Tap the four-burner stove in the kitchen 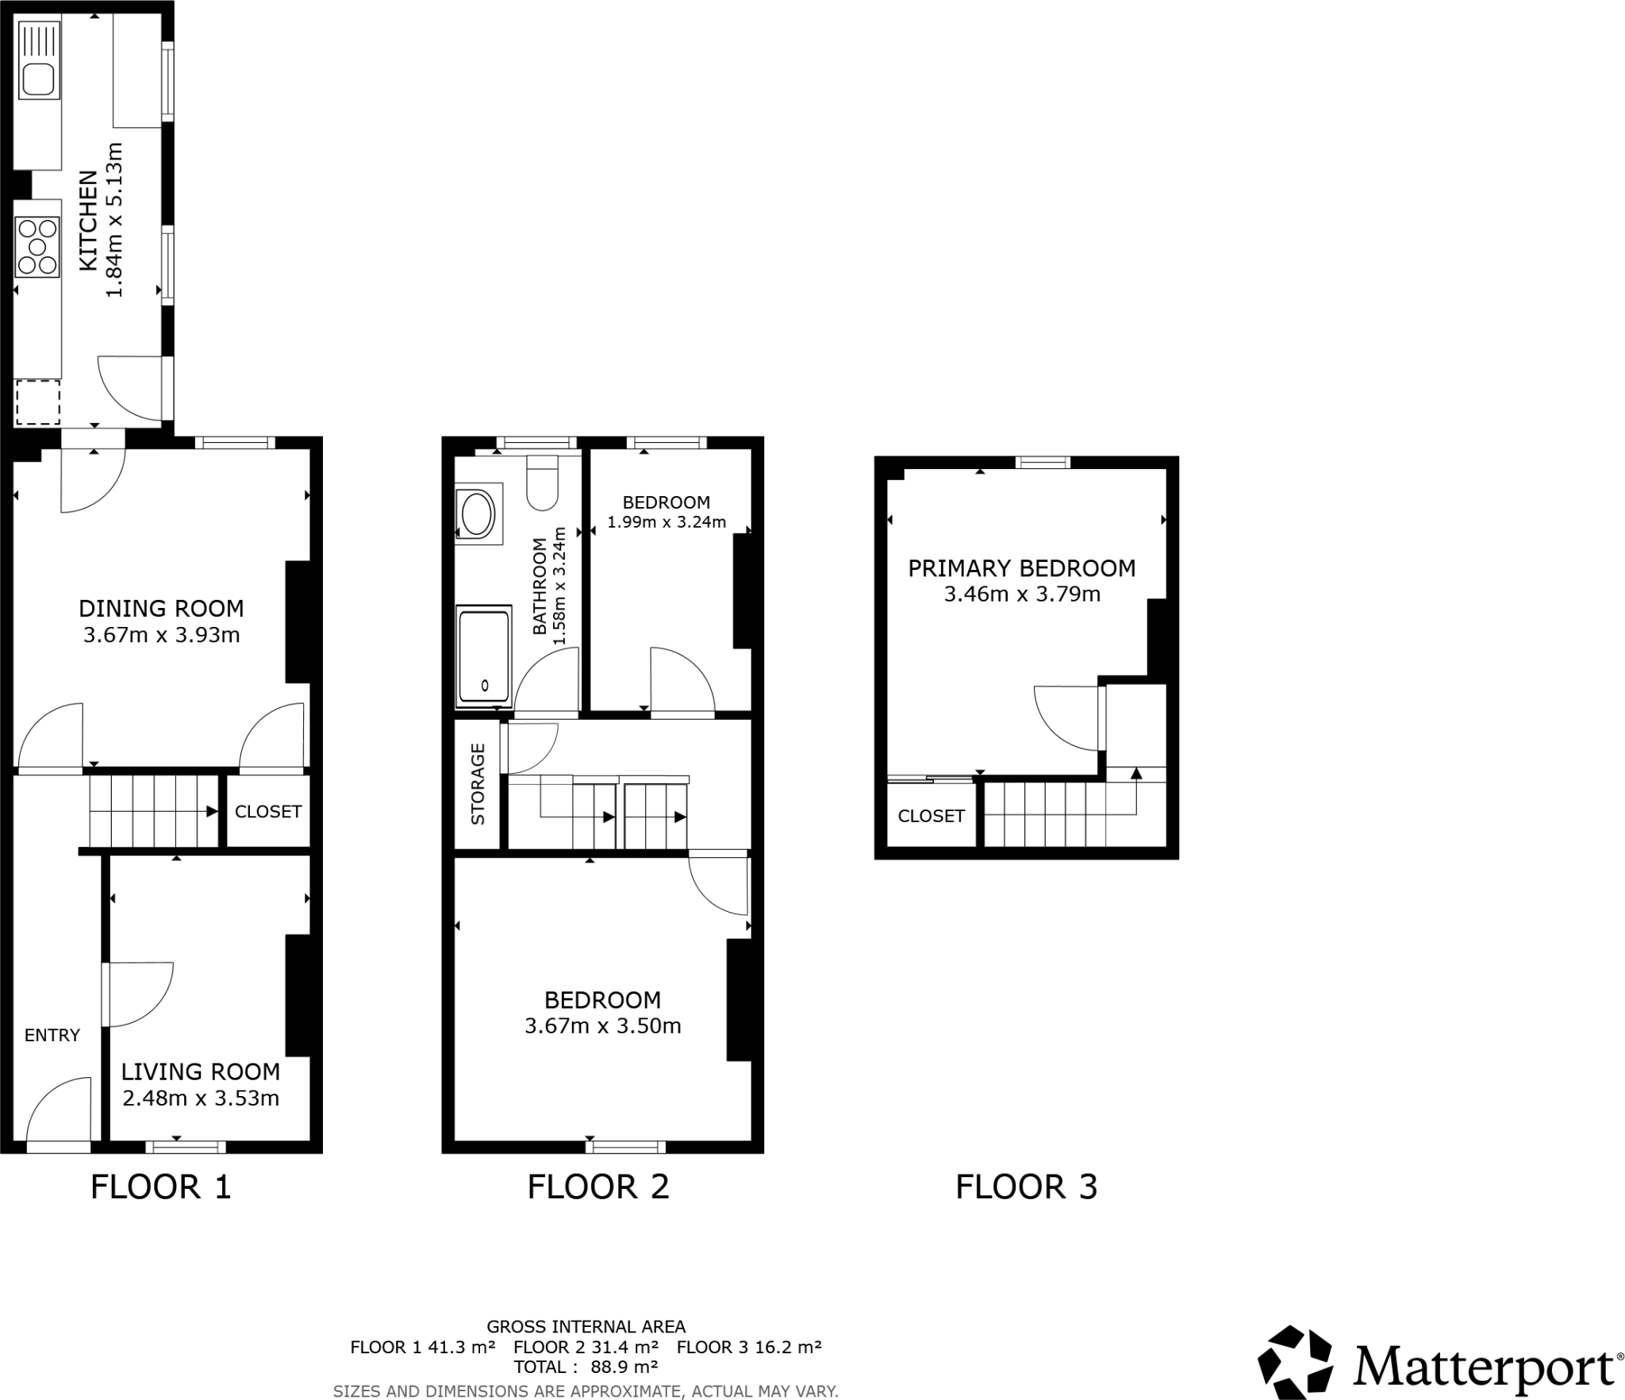coord(37,247)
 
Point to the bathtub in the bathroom coord(483,656)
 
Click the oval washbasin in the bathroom coord(477,513)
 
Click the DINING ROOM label coord(161,609)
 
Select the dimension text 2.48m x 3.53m coord(201,1098)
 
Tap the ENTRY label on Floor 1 coord(52,1035)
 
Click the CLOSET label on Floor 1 coord(268,811)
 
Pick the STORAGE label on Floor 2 coord(478,784)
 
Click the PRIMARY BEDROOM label coord(1021,568)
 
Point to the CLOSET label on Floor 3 coord(931,816)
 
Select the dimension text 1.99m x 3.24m coord(667,522)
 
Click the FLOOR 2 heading coord(598,1187)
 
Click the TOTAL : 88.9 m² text coord(586,1367)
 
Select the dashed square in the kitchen coord(38,402)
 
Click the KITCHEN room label coord(89,221)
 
